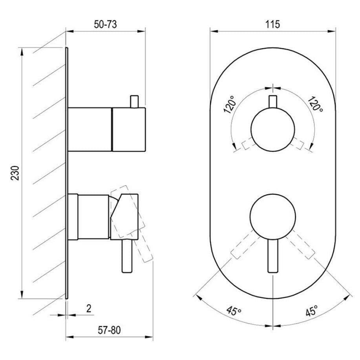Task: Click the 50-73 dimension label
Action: (105, 24)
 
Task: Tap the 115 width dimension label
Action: (273, 24)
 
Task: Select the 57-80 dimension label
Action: (109, 330)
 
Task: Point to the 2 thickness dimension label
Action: (89, 308)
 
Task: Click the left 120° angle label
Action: (230, 105)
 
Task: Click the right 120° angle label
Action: (315, 104)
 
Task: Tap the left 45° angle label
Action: (234, 311)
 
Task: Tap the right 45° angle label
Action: (312, 311)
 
